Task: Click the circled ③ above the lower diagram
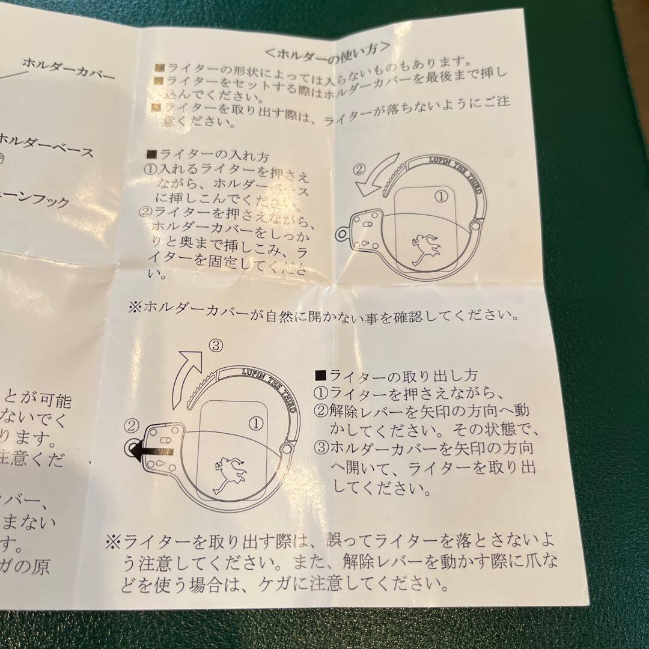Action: pyautogui.click(x=216, y=346)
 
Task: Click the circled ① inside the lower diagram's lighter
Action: pyautogui.click(x=256, y=422)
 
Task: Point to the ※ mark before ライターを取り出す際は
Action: pyautogui.click(x=112, y=542)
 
